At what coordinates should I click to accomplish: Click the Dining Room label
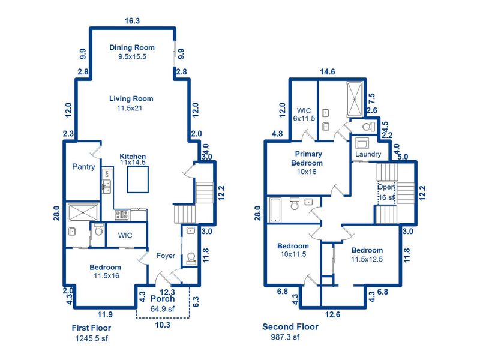[132, 47]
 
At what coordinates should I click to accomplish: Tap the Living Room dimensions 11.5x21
[131, 109]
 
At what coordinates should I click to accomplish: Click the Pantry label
[84, 167]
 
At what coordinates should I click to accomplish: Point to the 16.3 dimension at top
[132, 20]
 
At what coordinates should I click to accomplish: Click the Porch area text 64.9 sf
[163, 308]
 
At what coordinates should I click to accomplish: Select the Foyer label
[166, 256]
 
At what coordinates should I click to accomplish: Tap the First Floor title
[91, 328]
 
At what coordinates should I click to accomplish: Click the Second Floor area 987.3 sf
[281, 337]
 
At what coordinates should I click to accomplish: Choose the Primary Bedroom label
[307, 159]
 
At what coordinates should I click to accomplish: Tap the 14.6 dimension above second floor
[328, 72]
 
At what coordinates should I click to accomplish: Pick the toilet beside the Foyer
[190, 259]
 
